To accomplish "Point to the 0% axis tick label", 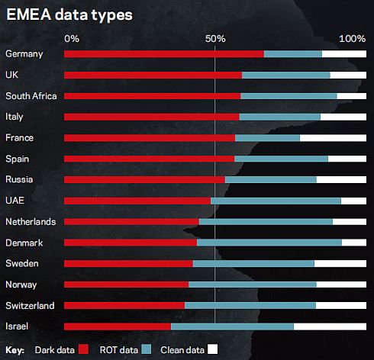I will (x=71, y=38).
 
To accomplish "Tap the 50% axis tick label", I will (x=215, y=38).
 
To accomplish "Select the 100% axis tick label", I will (x=352, y=38).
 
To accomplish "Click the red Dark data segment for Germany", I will (x=163, y=54).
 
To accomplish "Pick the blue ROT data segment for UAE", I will (x=276, y=201).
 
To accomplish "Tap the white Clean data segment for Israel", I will (x=330, y=326).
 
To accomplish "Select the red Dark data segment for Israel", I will (x=117, y=326).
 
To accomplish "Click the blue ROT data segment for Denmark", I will (x=269, y=243).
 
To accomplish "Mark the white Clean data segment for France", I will (x=333, y=138).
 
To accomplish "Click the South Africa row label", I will (x=31, y=96).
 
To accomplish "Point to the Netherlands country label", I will (x=31, y=221).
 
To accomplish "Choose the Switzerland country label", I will (x=30, y=305).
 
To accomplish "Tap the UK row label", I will (x=11, y=75).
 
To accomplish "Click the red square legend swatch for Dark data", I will (x=84, y=349).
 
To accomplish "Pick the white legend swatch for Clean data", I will (x=213, y=349).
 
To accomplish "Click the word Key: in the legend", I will (x=15, y=350).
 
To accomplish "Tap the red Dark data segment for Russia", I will (x=143, y=180).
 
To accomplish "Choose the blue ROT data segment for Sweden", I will (x=253, y=263).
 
